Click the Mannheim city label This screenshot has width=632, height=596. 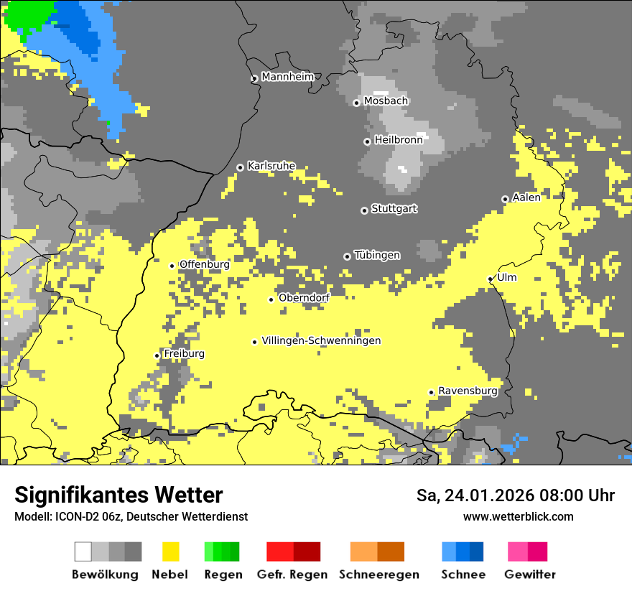[288, 77]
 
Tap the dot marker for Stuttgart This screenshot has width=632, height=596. [364, 210]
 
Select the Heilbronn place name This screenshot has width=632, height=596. [399, 140]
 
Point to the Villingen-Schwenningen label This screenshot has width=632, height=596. [321, 340]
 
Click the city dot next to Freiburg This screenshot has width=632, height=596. [157, 355]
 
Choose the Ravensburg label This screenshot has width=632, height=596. [468, 391]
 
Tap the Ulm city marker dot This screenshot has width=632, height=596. [491, 279]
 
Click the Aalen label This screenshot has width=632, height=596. [526, 197]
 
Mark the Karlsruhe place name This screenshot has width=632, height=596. [271, 166]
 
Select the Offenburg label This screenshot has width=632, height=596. [204, 264]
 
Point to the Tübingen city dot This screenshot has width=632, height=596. [347, 256]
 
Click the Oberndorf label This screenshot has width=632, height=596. [304, 298]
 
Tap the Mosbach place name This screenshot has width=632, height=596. [386, 101]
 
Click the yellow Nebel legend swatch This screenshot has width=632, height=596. [170, 551]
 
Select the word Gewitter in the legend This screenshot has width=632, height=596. [530, 574]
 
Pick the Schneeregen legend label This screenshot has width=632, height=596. [379, 574]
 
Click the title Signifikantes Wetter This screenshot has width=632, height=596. [118, 495]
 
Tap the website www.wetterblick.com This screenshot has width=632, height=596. [518, 516]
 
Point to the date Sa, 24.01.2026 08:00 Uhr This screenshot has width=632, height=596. [515, 495]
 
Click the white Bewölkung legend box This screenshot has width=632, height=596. [83, 551]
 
